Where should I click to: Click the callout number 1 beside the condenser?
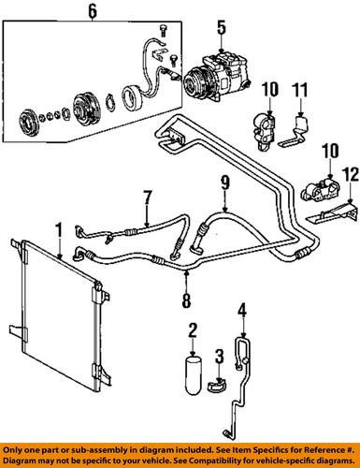tap(58, 228)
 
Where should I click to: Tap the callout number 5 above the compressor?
tap(220, 28)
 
